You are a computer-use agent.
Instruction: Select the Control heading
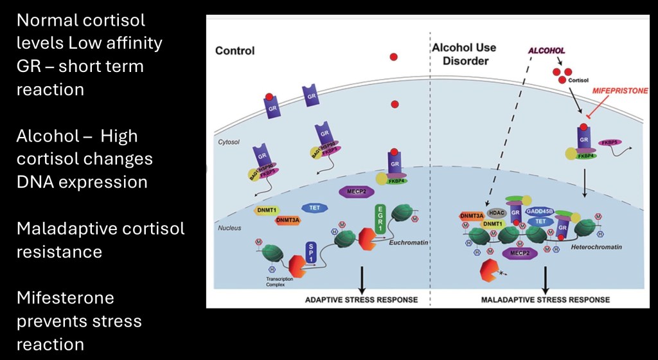click(235, 51)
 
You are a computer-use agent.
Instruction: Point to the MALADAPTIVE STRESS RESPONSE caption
click(546, 300)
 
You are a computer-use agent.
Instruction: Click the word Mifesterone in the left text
click(66, 298)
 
